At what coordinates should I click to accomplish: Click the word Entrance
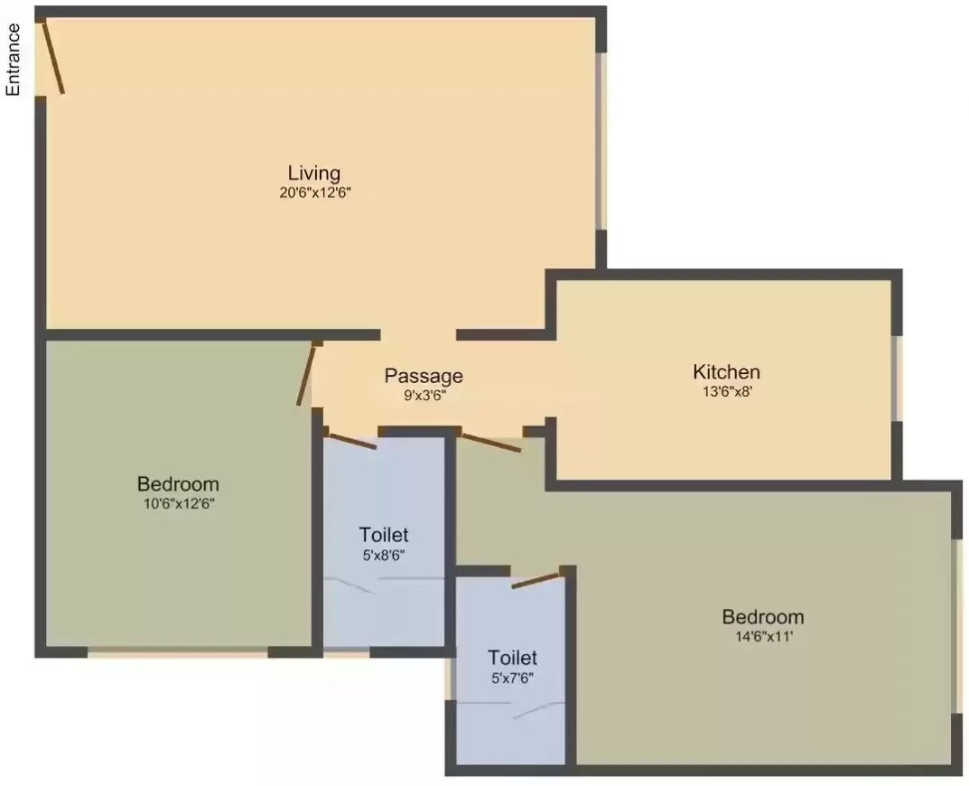[x=14, y=60]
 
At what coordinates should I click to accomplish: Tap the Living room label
[x=314, y=173]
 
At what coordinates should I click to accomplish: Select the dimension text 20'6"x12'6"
[x=314, y=192]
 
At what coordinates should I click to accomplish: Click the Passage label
[x=424, y=376]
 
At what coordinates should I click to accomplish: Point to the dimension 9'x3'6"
[x=424, y=396]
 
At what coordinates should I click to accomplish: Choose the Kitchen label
[x=726, y=371]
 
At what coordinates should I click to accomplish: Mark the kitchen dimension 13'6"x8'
[x=726, y=392]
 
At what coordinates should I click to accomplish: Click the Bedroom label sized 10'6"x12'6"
[x=178, y=484]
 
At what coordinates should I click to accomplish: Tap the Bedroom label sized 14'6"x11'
[x=763, y=617]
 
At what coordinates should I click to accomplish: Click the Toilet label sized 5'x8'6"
[x=384, y=535]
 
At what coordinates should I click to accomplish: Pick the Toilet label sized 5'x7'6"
[x=512, y=658]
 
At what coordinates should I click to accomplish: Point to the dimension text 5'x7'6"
[x=512, y=678]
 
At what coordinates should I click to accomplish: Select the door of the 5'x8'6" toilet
[x=352, y=441]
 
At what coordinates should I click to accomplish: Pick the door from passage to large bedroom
[x=491, y=442]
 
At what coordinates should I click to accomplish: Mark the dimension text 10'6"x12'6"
[x=178, y=504]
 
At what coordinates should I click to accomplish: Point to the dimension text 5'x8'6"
[x=384, y=555]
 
